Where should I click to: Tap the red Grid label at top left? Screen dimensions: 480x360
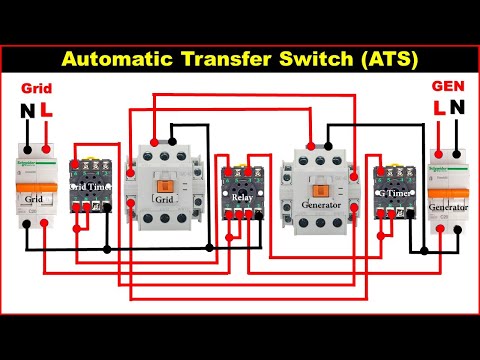35,88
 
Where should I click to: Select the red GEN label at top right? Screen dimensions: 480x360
445,87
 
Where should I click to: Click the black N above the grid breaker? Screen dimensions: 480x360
25,110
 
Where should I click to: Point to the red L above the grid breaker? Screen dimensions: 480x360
47,110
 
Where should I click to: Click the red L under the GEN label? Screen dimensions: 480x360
437,107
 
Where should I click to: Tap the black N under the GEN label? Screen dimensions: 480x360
458,107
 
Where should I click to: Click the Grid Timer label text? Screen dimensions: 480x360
91,186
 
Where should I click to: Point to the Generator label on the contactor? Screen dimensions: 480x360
320,207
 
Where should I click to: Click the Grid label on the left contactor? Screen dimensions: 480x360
164,199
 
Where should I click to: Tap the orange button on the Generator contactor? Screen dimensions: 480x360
320,190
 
